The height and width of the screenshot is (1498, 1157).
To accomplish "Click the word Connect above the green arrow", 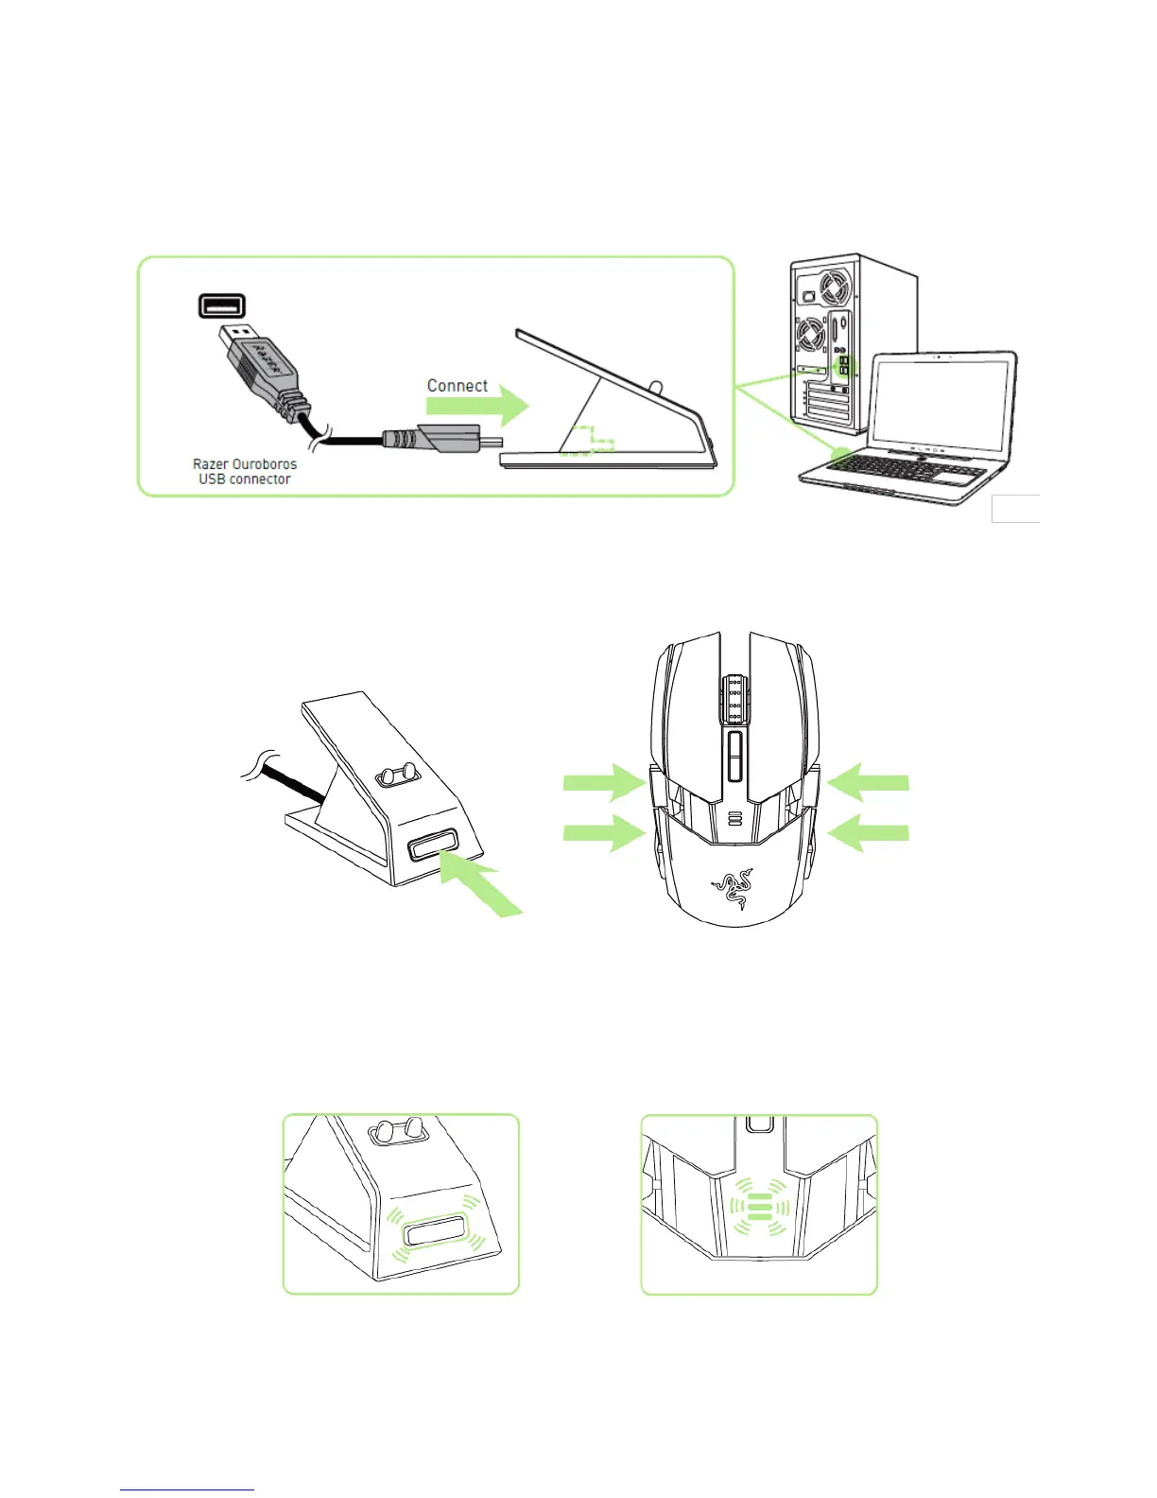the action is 457,386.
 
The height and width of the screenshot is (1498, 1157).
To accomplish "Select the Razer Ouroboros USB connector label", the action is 245,471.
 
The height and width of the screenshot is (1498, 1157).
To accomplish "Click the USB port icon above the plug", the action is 222,305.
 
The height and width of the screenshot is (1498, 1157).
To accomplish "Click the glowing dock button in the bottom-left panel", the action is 432,1234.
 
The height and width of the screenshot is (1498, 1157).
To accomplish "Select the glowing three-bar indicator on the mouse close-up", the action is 759,1208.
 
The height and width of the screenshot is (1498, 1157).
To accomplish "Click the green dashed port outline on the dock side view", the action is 588,442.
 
